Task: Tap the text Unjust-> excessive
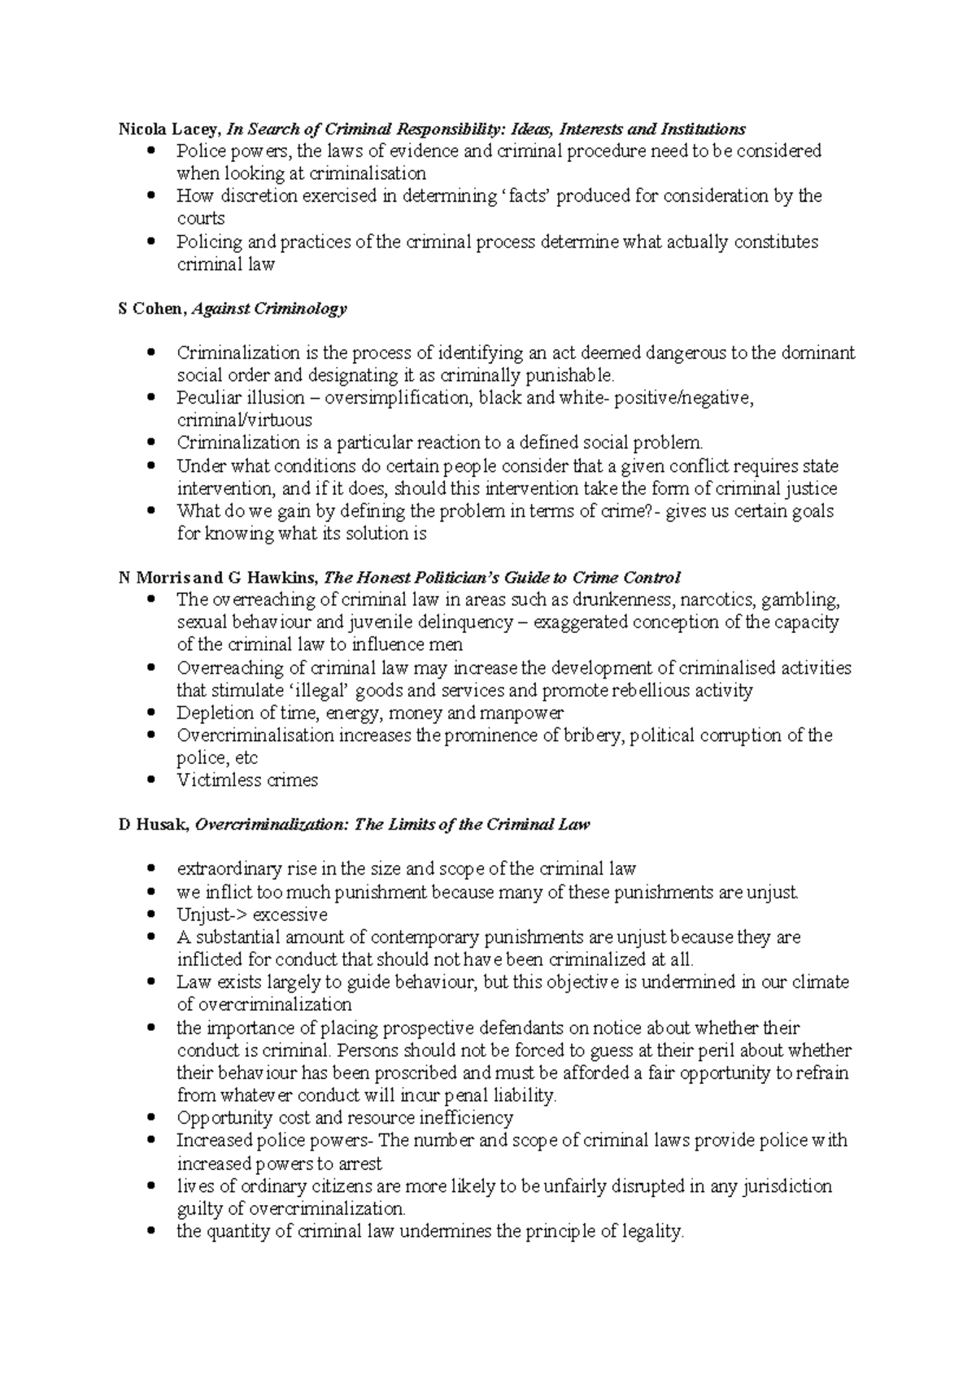(251, 915)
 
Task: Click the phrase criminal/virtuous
(244, 421)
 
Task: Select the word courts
(201, 219)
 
